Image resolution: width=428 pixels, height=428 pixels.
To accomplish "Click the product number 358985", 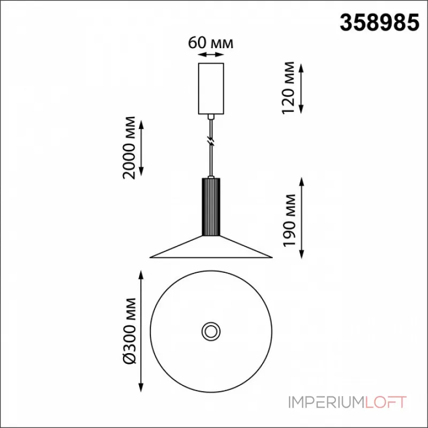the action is click(379, 22).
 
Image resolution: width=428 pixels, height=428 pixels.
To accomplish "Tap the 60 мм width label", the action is click(210, 43).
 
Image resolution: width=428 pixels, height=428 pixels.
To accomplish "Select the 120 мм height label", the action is click(288, 88).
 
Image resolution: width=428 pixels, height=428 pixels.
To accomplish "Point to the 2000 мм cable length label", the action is click(129, 148).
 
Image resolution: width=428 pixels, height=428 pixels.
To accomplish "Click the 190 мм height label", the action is click(289, 220).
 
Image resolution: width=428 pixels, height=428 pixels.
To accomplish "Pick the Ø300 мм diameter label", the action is click(129, 331).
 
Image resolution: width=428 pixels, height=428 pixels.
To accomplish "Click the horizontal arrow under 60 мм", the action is click(211, 55).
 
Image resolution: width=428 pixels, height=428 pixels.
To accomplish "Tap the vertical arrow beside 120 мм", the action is click(301, 89).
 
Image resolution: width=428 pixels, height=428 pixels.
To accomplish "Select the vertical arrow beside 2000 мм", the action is click(141, 148).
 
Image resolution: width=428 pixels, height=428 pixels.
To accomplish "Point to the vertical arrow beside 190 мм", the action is click(302, 218).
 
